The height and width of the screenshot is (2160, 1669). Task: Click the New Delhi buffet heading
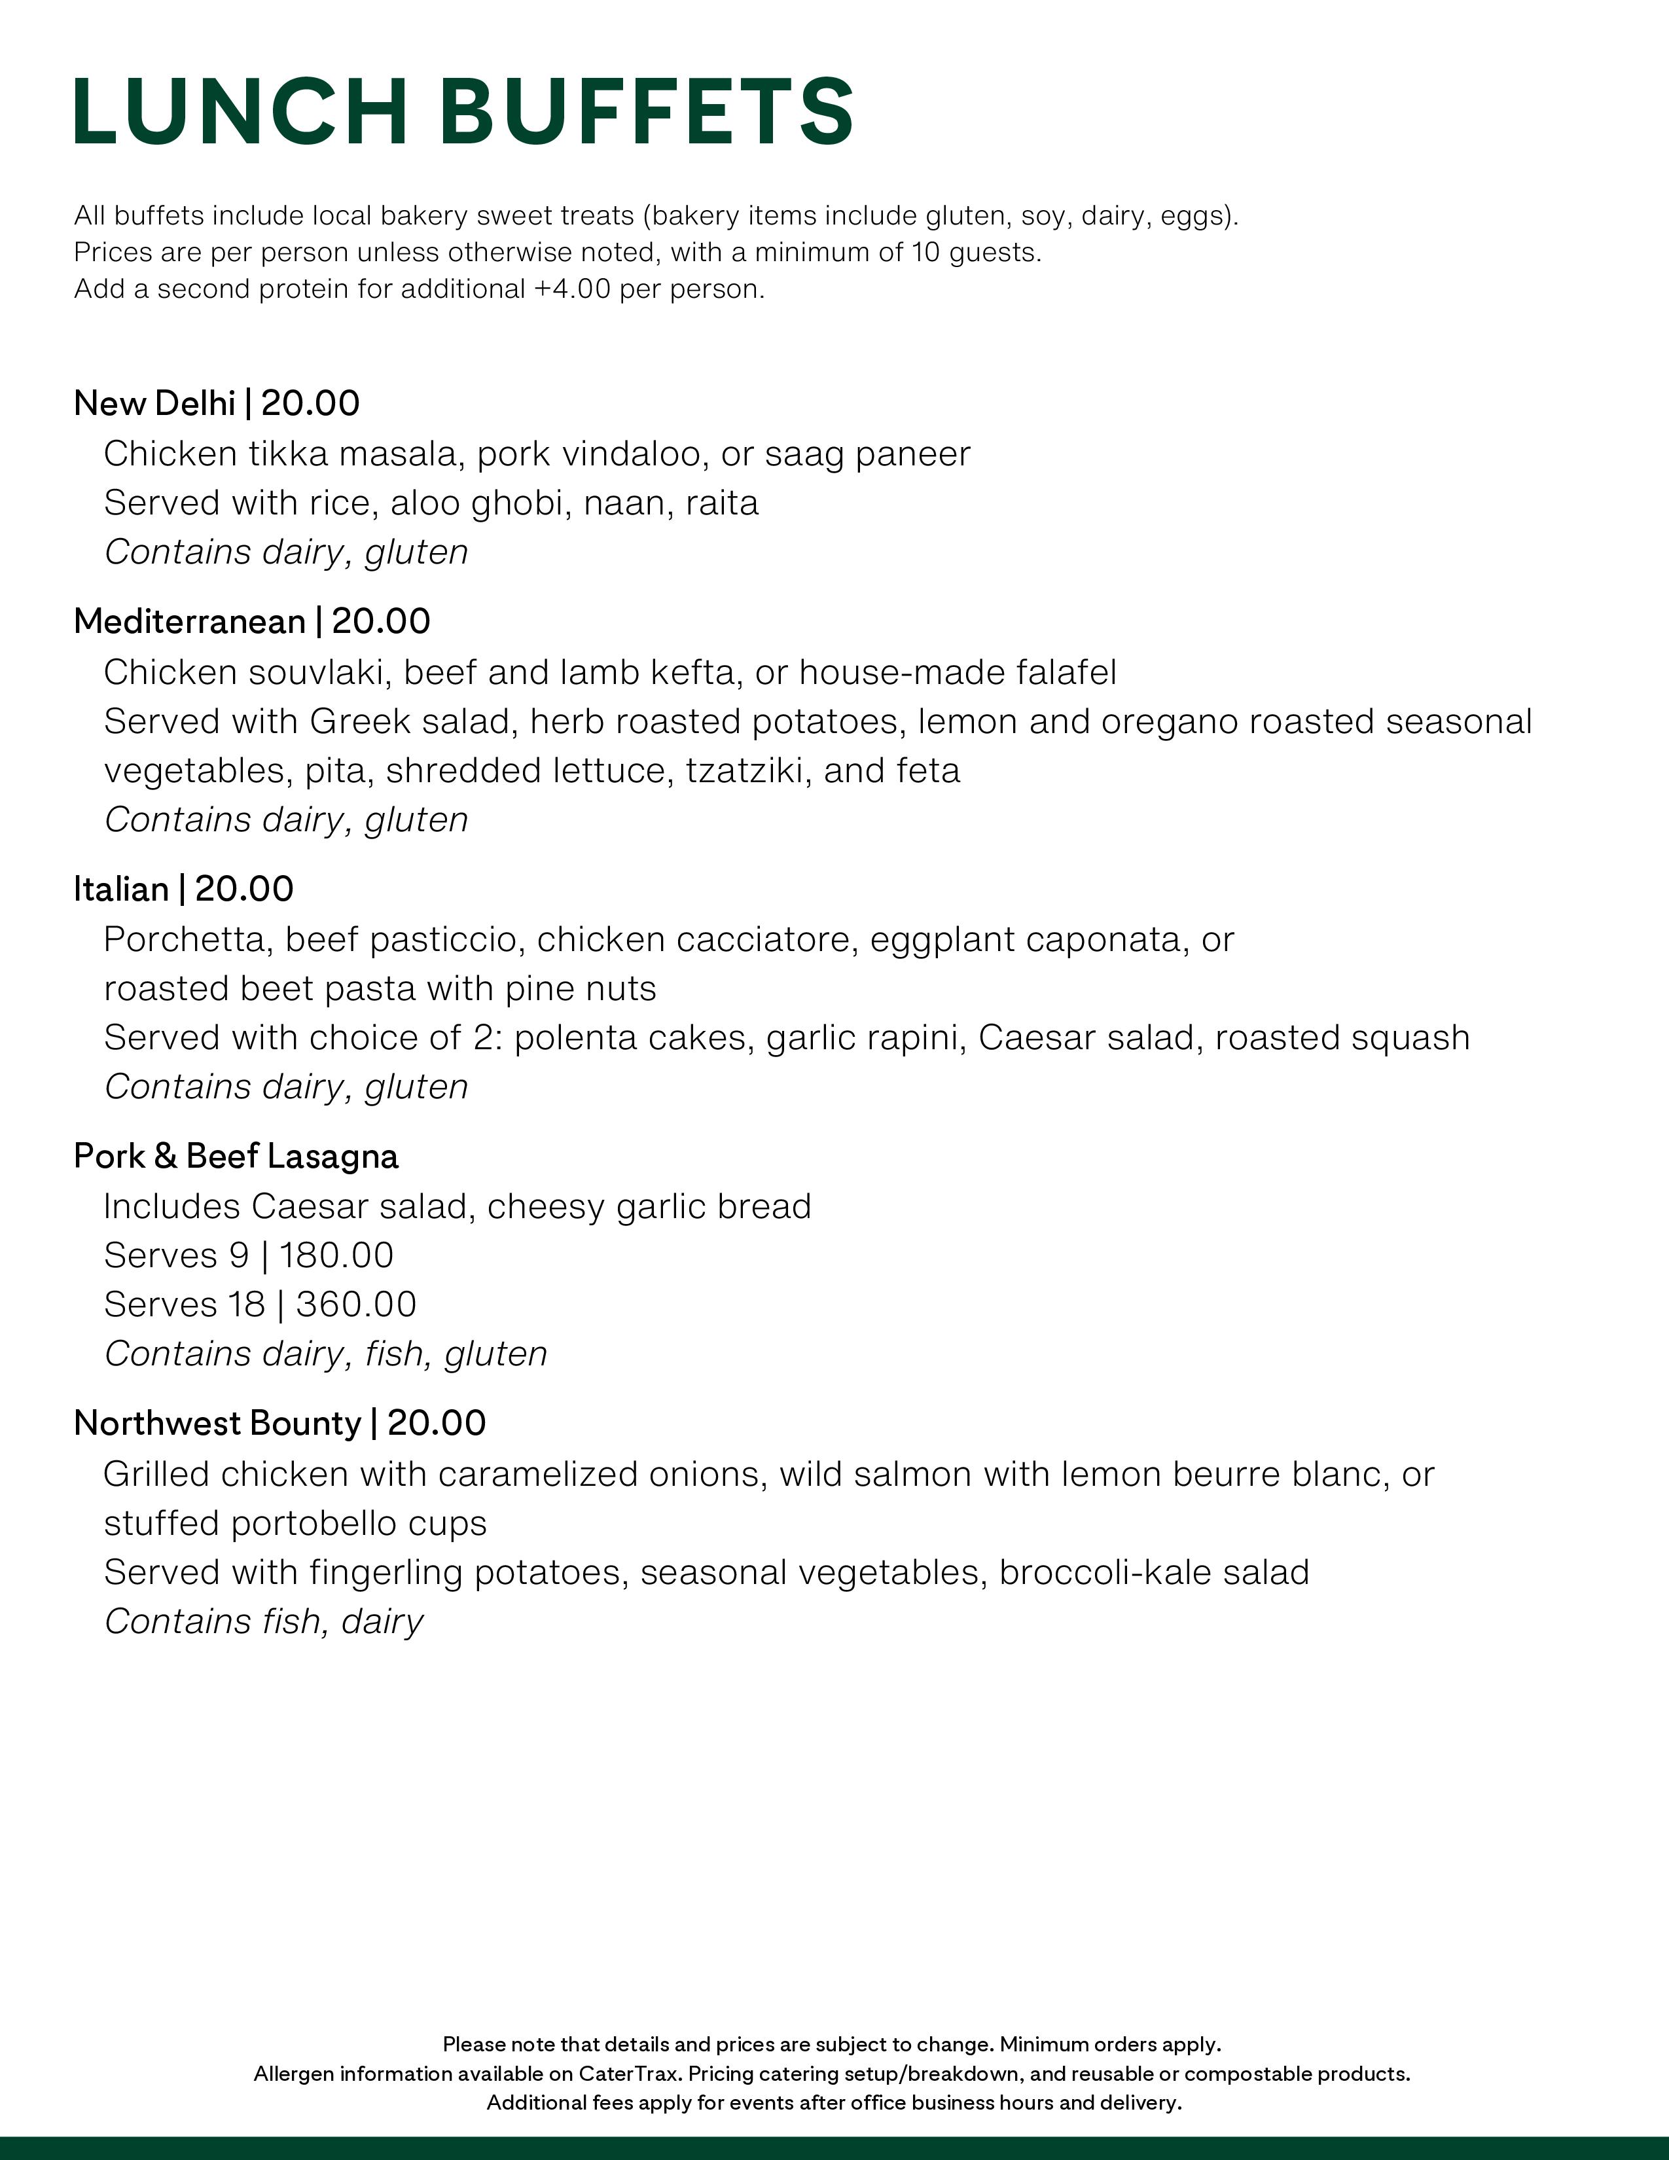[154, 403]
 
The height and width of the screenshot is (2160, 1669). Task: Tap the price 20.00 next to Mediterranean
[381, 622]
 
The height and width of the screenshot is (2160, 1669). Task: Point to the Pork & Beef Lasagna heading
[236, 1156]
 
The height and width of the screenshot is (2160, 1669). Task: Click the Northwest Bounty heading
[217, 1423]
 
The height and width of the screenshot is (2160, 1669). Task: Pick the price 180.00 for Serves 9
[336, 1255]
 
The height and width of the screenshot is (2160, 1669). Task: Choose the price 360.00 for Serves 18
[356, 1305]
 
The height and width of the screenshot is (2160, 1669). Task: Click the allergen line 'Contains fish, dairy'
[264, 1621]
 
